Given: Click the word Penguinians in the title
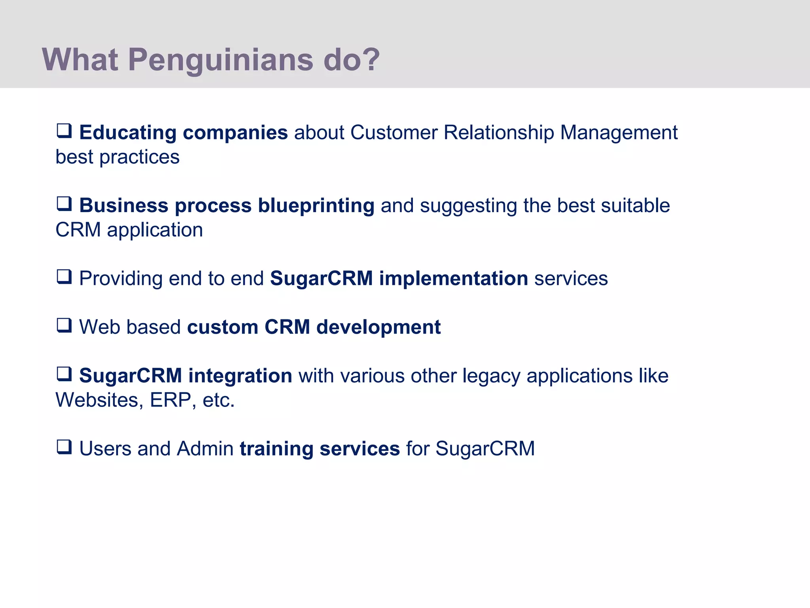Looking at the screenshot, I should click(x=221, y=60).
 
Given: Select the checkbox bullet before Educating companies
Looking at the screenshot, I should click(x=64, y=131).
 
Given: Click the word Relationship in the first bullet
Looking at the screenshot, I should click(x=499, y=133).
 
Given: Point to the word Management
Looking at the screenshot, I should click(x=619, y=133).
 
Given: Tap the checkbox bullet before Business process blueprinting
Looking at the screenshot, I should click(x=64, y=204).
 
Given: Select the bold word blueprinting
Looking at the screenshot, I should click(x=316, y=206).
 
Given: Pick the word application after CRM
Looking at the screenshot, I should click(x=155, y=230).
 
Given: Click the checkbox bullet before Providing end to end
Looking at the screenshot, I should click(x=64, y=277).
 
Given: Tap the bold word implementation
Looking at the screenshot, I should click(x=453, y=278).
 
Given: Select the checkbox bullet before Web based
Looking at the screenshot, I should click(x=64, y=325).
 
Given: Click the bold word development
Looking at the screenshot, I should click(x=378, y=327).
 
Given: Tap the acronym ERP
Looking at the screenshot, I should click(x=170, y=400).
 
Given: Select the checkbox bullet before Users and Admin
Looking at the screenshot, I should click(x=64, y=447).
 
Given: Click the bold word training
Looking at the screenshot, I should click(x=276, y=449).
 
